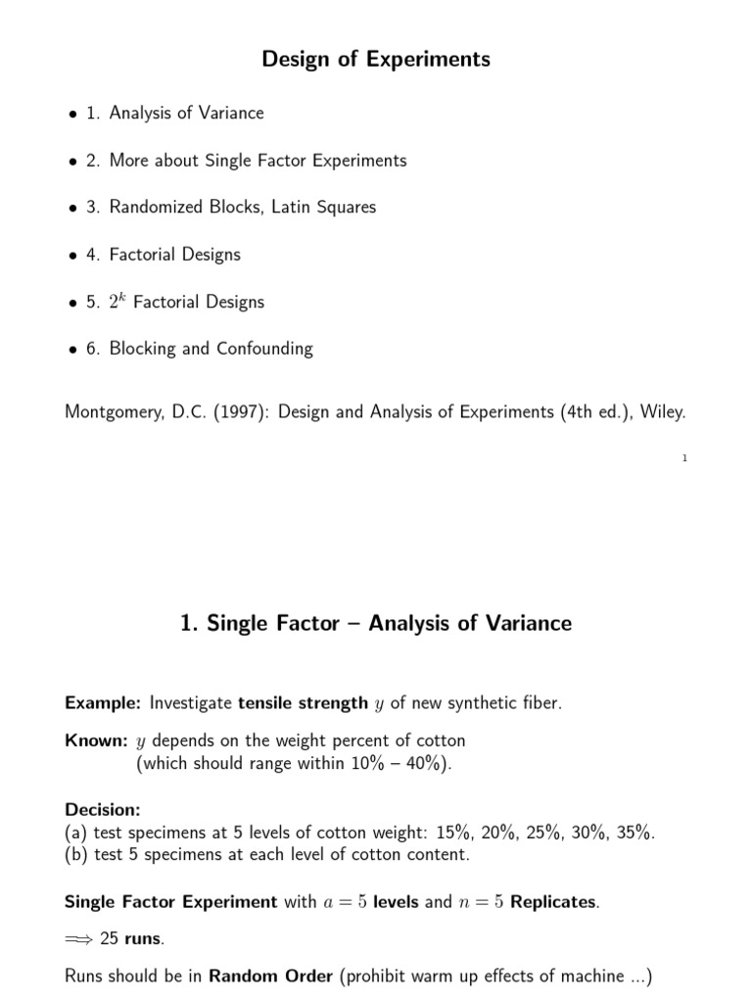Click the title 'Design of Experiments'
coord(376,60)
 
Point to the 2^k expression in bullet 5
coord(117,300)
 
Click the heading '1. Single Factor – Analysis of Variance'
coord(376,623)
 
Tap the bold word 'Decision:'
coord(103,810)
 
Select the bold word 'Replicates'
coord(553,901)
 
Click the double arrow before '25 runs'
coord(79,939)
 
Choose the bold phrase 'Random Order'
coord(270,976)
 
